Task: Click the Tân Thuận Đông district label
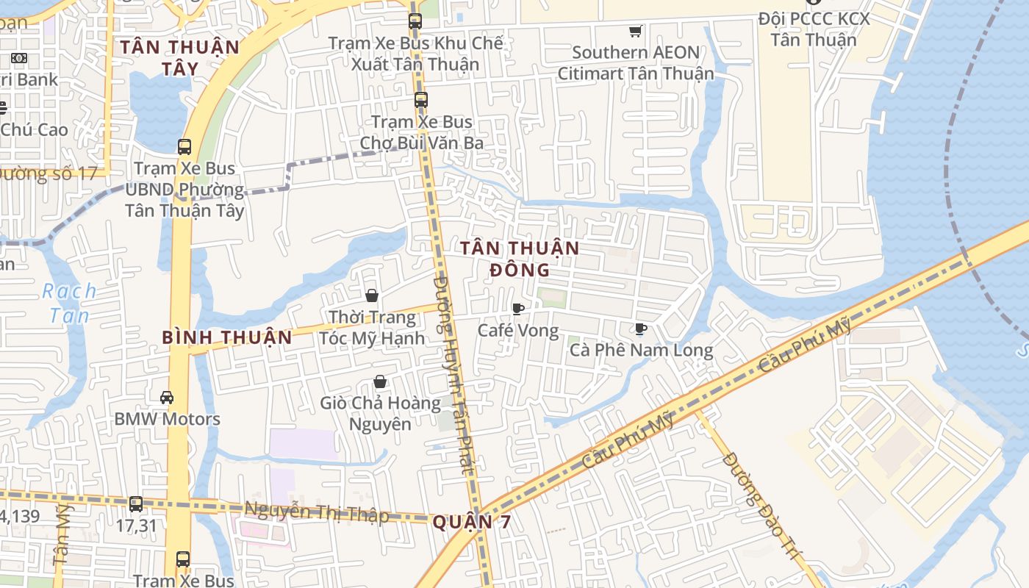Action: [x=520, y=259]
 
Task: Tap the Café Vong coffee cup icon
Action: [x=518, y=309]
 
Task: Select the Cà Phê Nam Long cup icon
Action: [x=641, y=329]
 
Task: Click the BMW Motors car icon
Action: [x=167, y=398]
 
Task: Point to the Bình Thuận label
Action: [x=227, y=338]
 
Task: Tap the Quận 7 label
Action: [x=471, y=523]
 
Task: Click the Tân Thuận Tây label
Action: [x=180, y=57]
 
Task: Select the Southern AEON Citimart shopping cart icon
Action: [x=635, y=31]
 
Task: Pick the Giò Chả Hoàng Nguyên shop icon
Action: [x=380, y=381]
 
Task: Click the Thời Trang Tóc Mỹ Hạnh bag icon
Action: [x=372, y=295]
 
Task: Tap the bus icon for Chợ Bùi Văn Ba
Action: [x=421, y=100]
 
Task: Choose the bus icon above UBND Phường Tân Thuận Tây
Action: [x=184, y=147]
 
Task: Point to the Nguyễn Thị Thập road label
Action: [x=316, y=512]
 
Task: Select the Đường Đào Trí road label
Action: [x=760, y=507]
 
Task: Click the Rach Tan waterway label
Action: [x=69, y=303]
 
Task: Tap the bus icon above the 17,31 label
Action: [x=136, y=504]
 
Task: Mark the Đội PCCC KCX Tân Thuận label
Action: [x=814, y=29]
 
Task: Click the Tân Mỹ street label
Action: [x=62, y=534]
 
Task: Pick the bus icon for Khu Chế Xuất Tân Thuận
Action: [x=415, y=21]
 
